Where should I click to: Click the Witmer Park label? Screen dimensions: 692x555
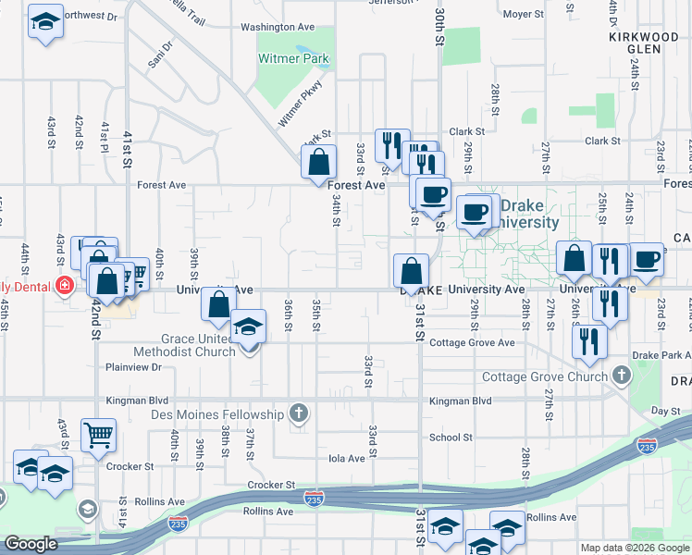293,58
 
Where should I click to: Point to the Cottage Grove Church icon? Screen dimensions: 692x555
621,376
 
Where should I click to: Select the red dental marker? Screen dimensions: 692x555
64,285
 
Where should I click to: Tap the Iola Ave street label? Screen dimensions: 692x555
347,458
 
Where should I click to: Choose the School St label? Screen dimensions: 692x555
451,438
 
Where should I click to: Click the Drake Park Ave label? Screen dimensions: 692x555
661,355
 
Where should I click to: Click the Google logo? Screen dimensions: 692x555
31,544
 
